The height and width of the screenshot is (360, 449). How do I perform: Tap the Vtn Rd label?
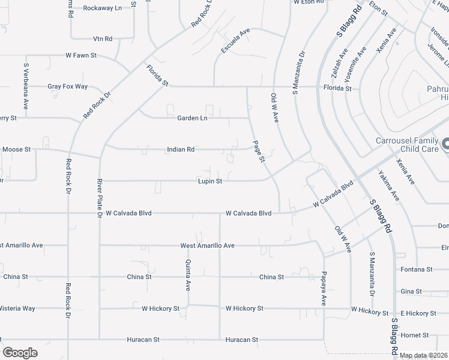[103, 39]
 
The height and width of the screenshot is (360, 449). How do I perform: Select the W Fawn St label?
[82, 55]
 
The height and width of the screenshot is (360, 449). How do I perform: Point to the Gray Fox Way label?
[68, 86]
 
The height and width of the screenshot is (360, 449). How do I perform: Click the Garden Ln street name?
[192, 118]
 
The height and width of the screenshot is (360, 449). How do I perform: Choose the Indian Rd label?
[181, 149]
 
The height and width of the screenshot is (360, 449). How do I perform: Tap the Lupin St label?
[211, 181]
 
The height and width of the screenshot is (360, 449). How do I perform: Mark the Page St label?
[259, 151]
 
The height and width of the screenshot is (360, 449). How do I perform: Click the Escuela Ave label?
[235, 41]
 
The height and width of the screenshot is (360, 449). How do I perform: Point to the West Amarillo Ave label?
[207, 245]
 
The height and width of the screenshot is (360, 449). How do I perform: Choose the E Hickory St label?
[418, 313]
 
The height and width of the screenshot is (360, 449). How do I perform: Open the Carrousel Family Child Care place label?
[407, 144]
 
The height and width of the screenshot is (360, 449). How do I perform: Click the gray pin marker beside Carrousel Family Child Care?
[445, 144]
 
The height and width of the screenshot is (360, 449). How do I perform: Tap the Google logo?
[20, 353]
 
